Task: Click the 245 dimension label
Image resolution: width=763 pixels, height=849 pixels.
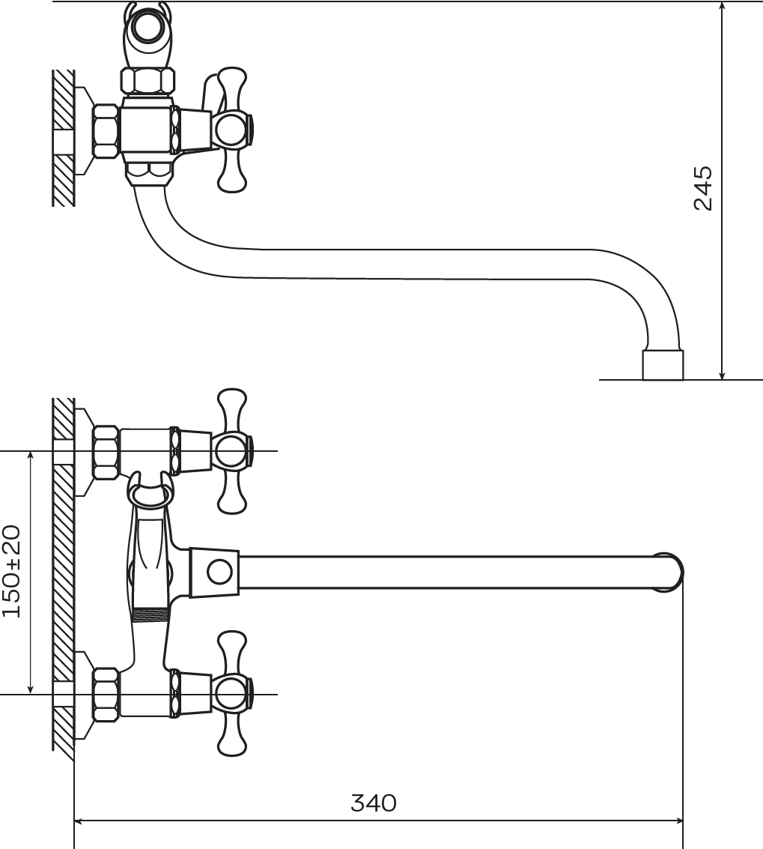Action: click(704, 188)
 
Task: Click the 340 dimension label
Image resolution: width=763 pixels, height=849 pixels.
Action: click(374, 803)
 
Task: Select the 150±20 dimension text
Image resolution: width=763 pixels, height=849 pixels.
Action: click(11, 571)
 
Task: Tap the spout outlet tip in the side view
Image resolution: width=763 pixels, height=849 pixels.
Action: click(663, 365)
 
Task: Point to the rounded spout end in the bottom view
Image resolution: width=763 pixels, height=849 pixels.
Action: click(671, 572)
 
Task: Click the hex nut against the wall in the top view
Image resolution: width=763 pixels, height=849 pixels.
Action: click(106, 131)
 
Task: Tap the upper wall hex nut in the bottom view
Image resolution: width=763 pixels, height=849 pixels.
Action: click(106, 452)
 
